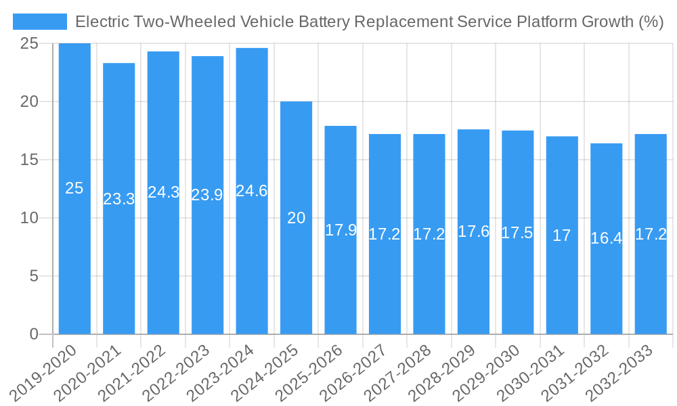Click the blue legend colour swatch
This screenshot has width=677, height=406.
coord(40,22)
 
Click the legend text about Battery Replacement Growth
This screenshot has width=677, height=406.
coord(369,22)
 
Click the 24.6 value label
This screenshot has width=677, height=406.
coord(252,191)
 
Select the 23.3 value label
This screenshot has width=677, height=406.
coord(119,199)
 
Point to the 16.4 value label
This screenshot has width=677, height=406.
coord(607,238)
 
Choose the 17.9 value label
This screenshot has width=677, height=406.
coord(341,230)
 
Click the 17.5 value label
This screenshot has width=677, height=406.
coord(517,233)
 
